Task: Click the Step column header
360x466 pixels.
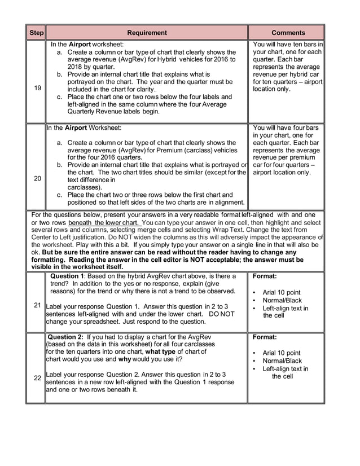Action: click(x=36, y=33)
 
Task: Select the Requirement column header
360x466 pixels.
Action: click(x=147, y=33)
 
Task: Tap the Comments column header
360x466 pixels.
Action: click(x=288, y=33)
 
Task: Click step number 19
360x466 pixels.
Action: click(x=37, y=88)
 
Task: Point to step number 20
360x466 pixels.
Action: click(x=37, y=178)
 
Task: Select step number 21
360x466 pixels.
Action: click(x=37, y=305)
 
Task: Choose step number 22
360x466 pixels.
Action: click(x=37, y=378)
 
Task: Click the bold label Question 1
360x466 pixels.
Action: click(x=69, y=276)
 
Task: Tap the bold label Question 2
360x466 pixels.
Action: click(x=69, y=337)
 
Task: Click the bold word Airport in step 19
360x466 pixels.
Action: click(x=80, y=44)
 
